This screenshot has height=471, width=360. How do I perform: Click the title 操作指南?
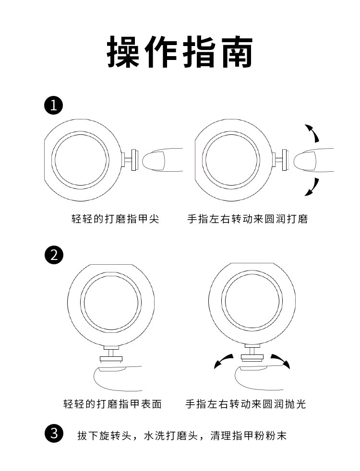tap(180, 51)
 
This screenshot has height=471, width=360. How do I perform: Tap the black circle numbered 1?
tap(54, 105)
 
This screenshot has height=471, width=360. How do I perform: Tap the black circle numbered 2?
tap(54, 255)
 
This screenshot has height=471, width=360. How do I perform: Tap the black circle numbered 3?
tap(54, 435)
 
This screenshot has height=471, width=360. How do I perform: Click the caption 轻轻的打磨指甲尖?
tap(115, 219)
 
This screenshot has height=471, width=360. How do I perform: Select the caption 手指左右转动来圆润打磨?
tap(247, 219)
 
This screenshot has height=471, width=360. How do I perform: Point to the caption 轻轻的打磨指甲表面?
tap(112, 404)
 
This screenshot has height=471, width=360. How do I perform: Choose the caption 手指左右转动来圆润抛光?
tap(245, 404)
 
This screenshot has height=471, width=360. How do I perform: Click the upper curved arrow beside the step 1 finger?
tap(312, 133)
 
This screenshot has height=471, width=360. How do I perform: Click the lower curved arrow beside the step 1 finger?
tap(312, 186)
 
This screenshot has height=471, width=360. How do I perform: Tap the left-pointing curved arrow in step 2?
tap(223, 361)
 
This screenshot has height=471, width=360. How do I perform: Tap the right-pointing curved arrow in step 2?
tap(281, 361)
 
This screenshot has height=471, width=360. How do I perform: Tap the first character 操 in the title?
tap(124, 51)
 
